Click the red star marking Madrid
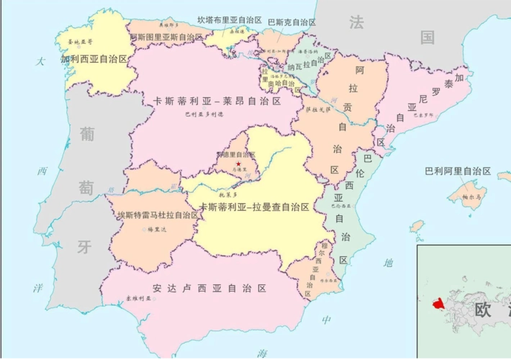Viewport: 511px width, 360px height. click(x=238, y=163)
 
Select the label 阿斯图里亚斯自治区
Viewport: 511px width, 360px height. click(x=167, y=37)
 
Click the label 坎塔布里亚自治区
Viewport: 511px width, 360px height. click(x=230, y=20)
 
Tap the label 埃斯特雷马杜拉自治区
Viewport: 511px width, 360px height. click(x=158, y=215)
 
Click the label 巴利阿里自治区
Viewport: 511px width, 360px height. click(x=457, y=171)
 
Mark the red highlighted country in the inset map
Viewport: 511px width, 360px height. click(x=439, y=304)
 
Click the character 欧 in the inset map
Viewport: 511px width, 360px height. click(x=484, y=310)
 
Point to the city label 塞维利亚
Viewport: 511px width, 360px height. click(x=139, y=298)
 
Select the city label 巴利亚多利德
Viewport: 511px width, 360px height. click(x=204, y=114)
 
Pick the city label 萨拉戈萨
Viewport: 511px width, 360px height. click(x=317, y=109)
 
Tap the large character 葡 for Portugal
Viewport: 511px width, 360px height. click(x=87, y=134)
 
